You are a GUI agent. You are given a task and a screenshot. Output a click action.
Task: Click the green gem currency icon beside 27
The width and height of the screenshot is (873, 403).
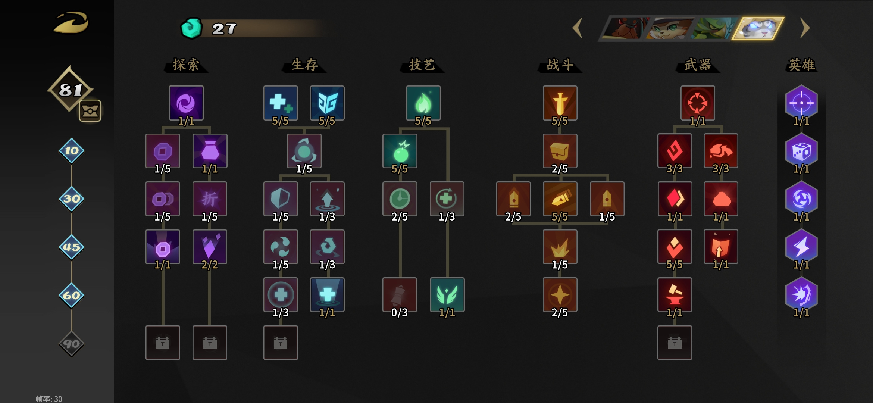191,28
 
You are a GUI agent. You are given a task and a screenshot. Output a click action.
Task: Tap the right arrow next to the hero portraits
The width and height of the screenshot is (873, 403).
805,28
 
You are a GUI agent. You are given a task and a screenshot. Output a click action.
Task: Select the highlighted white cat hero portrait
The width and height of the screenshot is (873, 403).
758,28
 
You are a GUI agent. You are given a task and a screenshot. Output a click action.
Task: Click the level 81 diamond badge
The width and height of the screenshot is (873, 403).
70,89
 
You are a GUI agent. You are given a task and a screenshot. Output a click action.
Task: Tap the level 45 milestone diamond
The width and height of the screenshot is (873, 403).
71,247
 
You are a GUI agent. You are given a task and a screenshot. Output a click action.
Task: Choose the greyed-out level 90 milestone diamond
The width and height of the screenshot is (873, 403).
71,344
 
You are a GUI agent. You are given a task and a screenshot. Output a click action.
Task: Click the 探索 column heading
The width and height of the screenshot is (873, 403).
186,65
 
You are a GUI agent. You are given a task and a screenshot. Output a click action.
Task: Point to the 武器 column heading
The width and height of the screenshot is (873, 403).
697,65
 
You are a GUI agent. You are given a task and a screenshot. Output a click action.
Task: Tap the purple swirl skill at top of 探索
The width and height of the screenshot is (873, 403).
186,103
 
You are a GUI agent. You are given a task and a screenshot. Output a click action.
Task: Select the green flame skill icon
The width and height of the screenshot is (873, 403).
423,103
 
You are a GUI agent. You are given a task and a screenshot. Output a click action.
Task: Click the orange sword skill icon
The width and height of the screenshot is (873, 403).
560,103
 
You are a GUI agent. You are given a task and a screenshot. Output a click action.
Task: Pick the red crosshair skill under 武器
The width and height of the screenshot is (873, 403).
698,103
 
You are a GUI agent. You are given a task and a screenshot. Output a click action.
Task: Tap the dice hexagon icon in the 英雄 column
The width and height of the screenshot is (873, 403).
801,151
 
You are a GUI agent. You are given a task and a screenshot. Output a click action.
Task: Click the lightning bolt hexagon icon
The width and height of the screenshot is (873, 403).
801,247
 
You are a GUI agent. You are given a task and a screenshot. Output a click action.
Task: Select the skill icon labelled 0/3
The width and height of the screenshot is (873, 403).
400,295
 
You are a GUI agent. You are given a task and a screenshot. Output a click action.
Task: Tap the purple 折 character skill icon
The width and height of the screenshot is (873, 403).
210,199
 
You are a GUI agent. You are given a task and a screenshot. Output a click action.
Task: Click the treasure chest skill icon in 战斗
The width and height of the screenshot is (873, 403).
560,151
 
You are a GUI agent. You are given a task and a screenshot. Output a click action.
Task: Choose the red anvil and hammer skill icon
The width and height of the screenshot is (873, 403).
675,295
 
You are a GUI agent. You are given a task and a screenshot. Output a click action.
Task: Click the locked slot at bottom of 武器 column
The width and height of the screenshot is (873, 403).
675,343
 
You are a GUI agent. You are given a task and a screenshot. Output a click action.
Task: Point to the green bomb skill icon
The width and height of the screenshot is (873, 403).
400,151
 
